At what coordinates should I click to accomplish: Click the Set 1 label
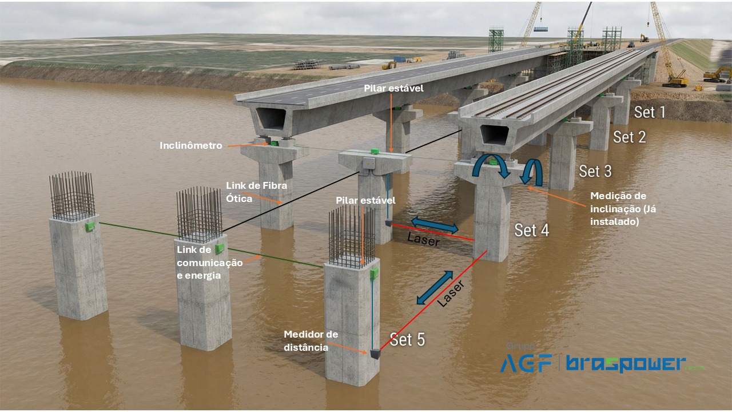pyautogui.click(x=650, y=112)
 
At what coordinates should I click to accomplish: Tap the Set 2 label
pyautogui.click(x=630, y=137)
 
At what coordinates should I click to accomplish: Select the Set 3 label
pyautogui.click(x=595, y=171)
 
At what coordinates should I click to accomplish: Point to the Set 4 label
pyautogui.click(x=531, y=230)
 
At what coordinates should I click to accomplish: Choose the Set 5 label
pyautogui.click(x=407, y=339)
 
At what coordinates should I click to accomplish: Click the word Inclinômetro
pyautogui.click(x=191, y=145)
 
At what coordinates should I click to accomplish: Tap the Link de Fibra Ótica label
pyautogui.click(x=256, y=192)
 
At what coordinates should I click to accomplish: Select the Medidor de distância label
pyautogui.click(x=311, y=340)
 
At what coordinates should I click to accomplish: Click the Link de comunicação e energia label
pyautogui.click(x=209, y=263)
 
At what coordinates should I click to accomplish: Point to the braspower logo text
pyautogui.click(x=626, y=363)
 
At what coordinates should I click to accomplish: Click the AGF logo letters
pyautogui.click(x=526, y=363)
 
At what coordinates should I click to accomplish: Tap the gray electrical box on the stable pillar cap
pyautogui.click(x=369, y=163)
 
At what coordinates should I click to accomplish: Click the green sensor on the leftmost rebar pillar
pyautogui.click(x=90, y=227)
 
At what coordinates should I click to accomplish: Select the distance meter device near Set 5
pyautogui.click(x=375, y=354)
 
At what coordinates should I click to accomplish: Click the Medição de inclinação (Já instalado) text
pyautogui.click(x=623, y=209)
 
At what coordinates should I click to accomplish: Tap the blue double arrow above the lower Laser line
pyautogui.click(x=435, y=287)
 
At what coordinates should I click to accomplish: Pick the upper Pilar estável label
pyautogui.click(x=393, y=88)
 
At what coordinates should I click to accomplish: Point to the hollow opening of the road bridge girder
pyautogui.click(x=271, y=118)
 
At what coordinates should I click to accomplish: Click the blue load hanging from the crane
pyautogui.click(x=541, y=29)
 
